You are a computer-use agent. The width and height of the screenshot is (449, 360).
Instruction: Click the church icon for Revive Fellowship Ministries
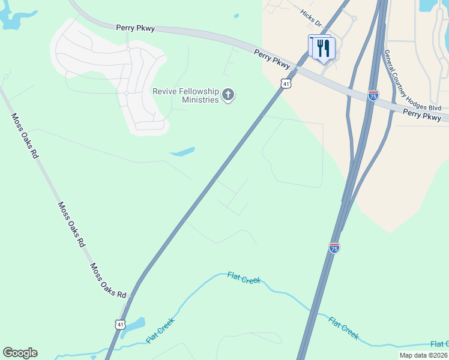point(228,94)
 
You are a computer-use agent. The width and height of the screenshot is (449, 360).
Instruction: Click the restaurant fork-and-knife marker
point(324,49)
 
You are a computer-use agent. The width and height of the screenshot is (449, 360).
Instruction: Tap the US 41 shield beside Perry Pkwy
point(287,83)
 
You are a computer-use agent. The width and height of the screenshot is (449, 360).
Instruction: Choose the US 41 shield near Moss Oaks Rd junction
point(121,324)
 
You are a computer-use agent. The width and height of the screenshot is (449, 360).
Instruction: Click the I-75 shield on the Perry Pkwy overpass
point(373,95)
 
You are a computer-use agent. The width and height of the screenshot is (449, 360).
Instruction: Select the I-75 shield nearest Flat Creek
point(334,247)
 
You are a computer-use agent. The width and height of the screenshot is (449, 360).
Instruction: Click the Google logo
point(20,353)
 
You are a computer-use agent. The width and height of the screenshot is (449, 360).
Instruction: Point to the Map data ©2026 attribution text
point(424,355)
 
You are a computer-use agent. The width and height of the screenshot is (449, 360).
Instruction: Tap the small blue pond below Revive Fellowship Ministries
point(182,151)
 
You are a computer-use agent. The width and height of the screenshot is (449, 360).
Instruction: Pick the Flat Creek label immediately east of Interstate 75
point(343,328)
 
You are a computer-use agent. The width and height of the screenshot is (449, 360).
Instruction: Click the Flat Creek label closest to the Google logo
point(160,330)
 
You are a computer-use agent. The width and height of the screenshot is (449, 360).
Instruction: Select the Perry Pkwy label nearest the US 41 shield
point(272,58)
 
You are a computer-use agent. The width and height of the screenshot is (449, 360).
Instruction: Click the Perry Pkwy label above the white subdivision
point(136,28)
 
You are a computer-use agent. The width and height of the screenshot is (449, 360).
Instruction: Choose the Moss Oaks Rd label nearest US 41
point(109,281)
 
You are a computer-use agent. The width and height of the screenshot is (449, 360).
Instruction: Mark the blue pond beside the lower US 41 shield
point(134,326)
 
